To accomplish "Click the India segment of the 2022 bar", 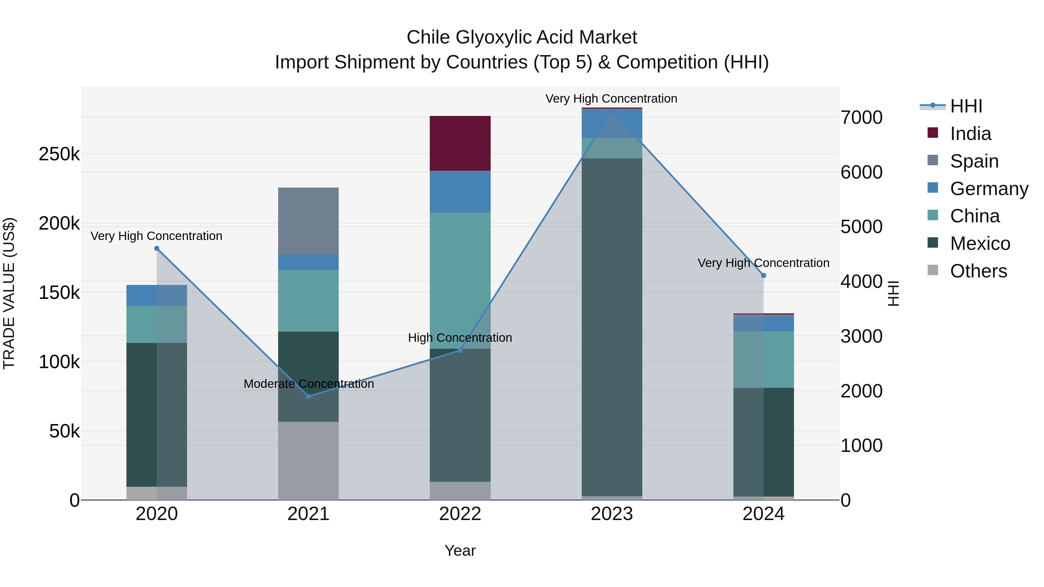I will coord(460,143).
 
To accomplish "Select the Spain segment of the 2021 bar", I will coord(309,221).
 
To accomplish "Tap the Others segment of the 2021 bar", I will coord(309,461).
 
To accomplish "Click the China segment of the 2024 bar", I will coord(764,359).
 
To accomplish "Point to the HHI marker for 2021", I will coord(309,396).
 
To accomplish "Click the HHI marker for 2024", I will coord(764,275).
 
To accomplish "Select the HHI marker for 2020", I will coord(157,248).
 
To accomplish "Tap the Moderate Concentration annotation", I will coord(309,384).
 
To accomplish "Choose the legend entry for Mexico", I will coord(980,243).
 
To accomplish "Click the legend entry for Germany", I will coord(989,189).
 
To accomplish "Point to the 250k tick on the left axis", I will coord(59,154).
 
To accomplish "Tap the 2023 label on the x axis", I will coord(612,514).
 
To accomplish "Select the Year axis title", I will coord(460,550).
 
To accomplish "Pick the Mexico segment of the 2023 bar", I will coord(612,327).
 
